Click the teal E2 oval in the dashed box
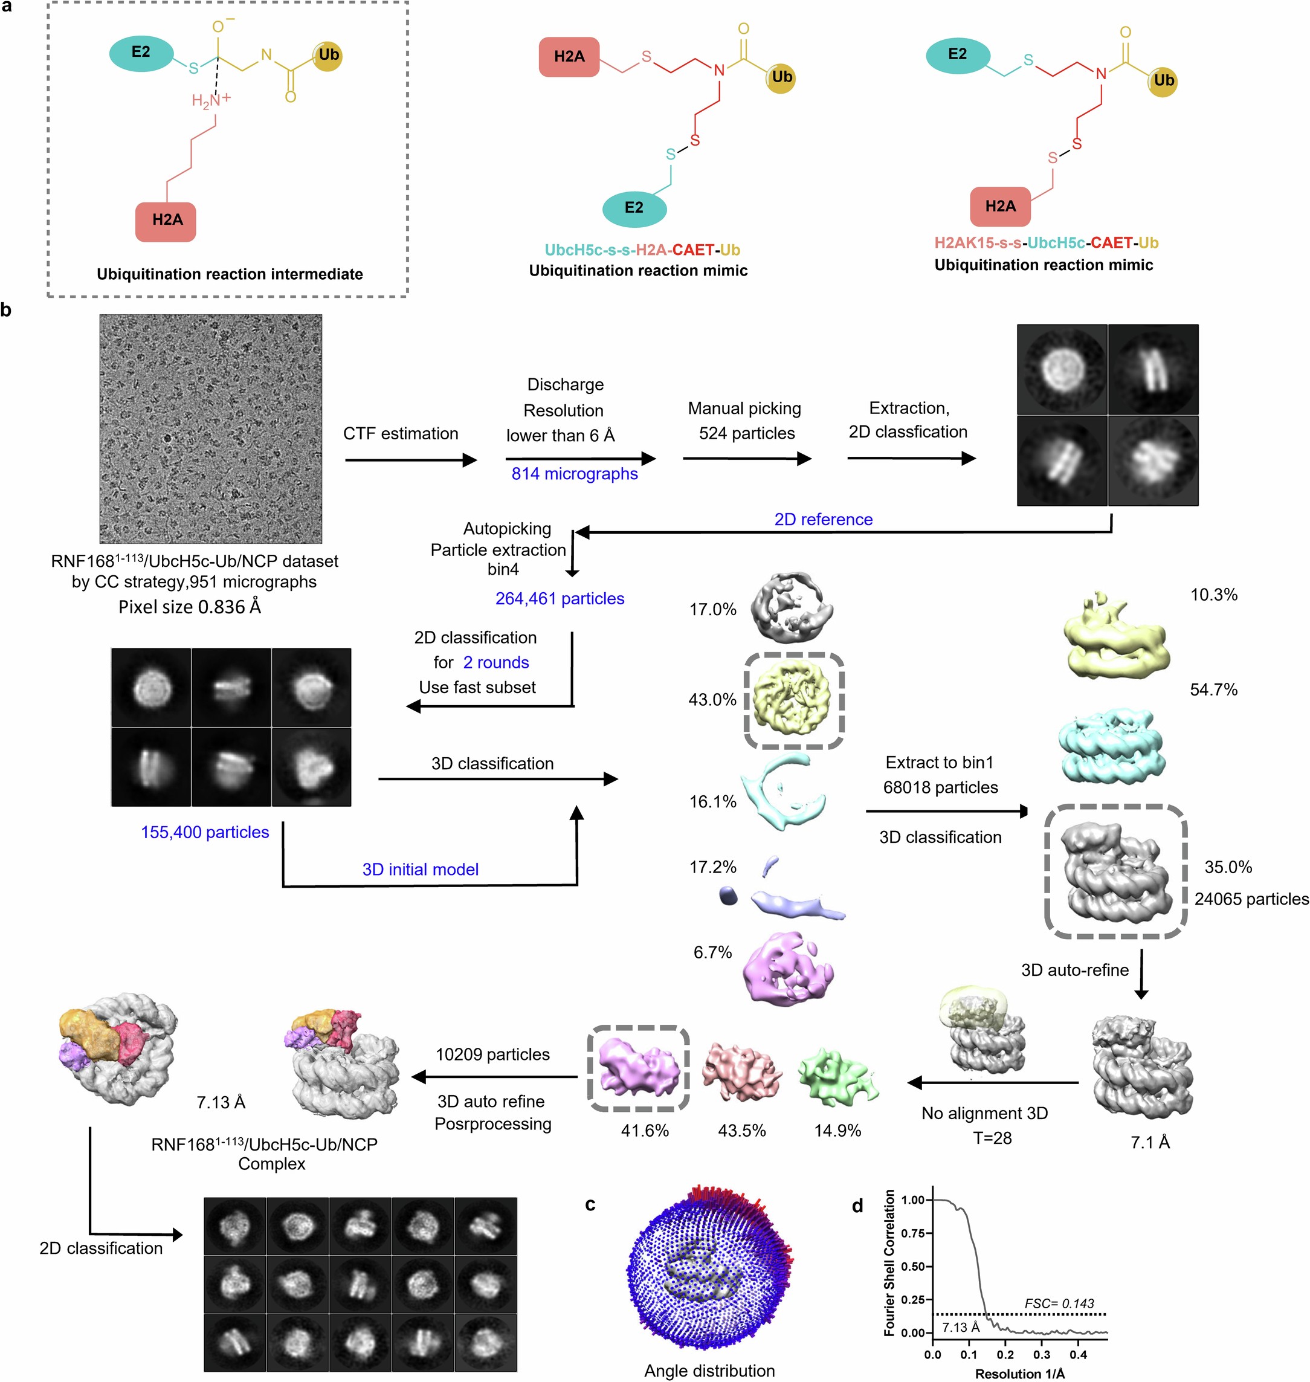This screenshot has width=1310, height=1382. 141,53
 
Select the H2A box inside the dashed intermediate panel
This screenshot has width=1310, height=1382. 166,221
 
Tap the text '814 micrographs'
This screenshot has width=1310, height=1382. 574,474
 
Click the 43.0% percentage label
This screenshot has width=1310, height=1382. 712,699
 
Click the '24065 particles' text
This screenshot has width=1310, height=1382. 1251,899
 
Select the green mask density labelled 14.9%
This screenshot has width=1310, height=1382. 837,1076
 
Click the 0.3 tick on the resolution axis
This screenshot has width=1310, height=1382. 1041,1354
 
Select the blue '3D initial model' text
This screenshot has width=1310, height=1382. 420,869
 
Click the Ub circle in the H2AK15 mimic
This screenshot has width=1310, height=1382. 1163,80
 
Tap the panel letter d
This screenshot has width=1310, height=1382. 857,1206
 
